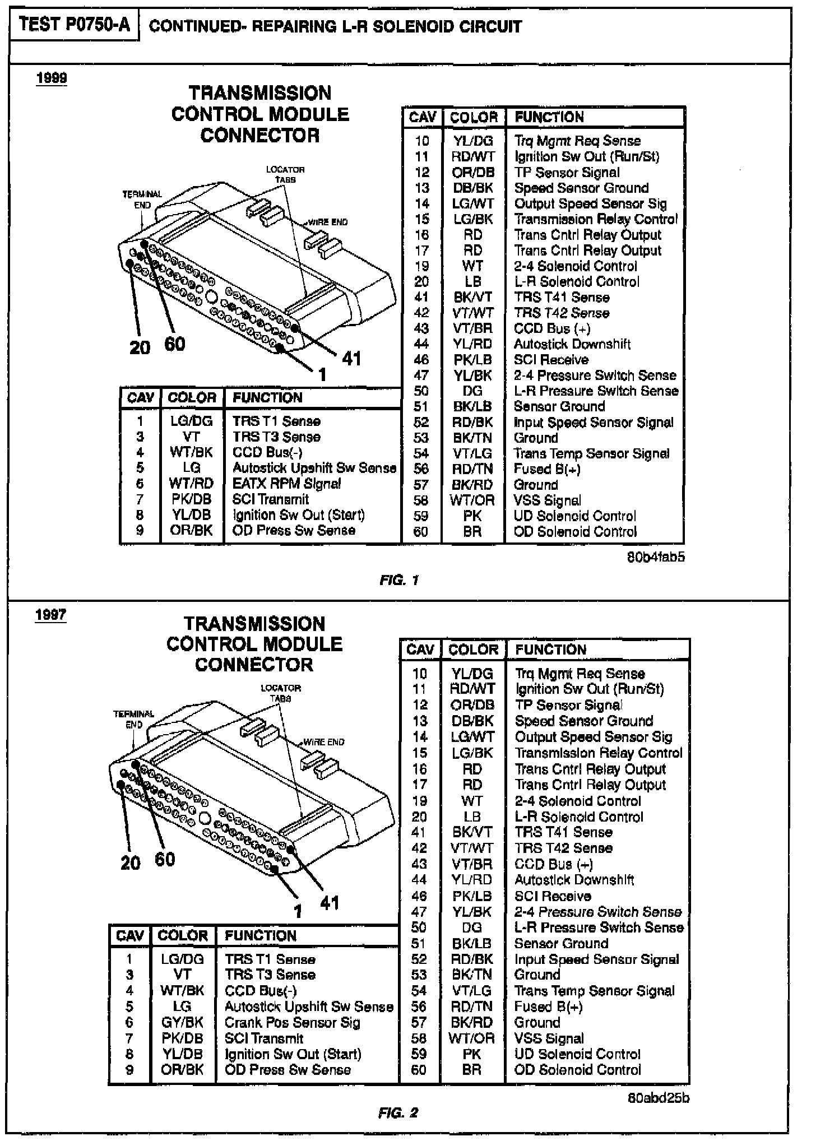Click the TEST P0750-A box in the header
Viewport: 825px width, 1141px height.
click(x=74, y=26)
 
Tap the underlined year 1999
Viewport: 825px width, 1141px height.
click(x=51, y=78)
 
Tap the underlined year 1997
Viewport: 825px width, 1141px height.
click(x=50, y=615)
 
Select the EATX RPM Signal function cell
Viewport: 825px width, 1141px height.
click(x=286, y=484)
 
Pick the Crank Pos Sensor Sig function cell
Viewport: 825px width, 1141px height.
click(x=292, y=1023)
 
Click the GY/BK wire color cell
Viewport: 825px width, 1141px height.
click(x=182, y=1023)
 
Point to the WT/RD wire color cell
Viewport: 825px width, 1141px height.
click(x=191, y=484)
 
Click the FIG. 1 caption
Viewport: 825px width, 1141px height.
click(x=399, y=580)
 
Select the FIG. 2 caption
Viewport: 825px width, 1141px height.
click(x=398, y=1113)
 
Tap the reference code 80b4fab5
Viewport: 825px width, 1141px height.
click(x=656, y=558)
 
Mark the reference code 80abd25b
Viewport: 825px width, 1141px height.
click(x=659, y=1098)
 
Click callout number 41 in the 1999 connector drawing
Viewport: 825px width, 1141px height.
click(x=351, y=358)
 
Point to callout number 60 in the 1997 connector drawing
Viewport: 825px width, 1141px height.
click(x=165, y=859)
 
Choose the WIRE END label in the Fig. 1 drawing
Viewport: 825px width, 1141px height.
click(x=328, y=222)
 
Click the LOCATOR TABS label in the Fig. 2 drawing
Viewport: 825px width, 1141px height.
click(x=281, y=693)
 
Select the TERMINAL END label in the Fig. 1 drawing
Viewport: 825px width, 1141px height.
click(x=142, y=200)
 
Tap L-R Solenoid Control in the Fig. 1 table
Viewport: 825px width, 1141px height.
click(x=577, y=282)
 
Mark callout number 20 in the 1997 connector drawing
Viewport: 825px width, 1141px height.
click(x=130, y=862)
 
